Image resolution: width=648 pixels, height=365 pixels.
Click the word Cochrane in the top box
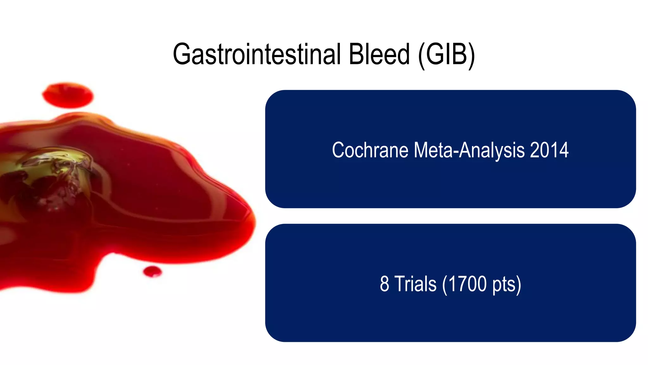(x=370, y=150)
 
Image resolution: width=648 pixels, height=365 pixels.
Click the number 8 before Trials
(x=384, y=284)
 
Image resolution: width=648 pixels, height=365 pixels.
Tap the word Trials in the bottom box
(x=415, y=284)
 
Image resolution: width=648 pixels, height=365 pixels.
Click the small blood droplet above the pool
(x=68, y=95)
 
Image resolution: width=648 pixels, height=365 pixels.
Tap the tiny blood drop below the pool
(x=152, y=272)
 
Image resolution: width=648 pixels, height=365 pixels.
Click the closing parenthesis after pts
(x=518, y=285)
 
